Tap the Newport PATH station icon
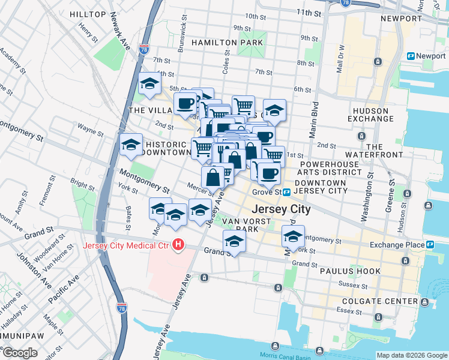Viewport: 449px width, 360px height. pos(411,56)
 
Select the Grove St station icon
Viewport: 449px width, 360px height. pos(287,192)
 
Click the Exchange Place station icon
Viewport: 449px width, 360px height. pos(430,245)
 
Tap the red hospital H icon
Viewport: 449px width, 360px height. pos(178,245)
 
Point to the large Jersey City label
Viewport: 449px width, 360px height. pos(282,209)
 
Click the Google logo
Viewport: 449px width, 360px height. pos(19,353)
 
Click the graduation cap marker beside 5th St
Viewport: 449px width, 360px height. pos(149,85)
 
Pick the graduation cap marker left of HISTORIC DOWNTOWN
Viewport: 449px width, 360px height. pos(131,145)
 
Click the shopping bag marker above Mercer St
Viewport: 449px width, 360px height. pos(212,177)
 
